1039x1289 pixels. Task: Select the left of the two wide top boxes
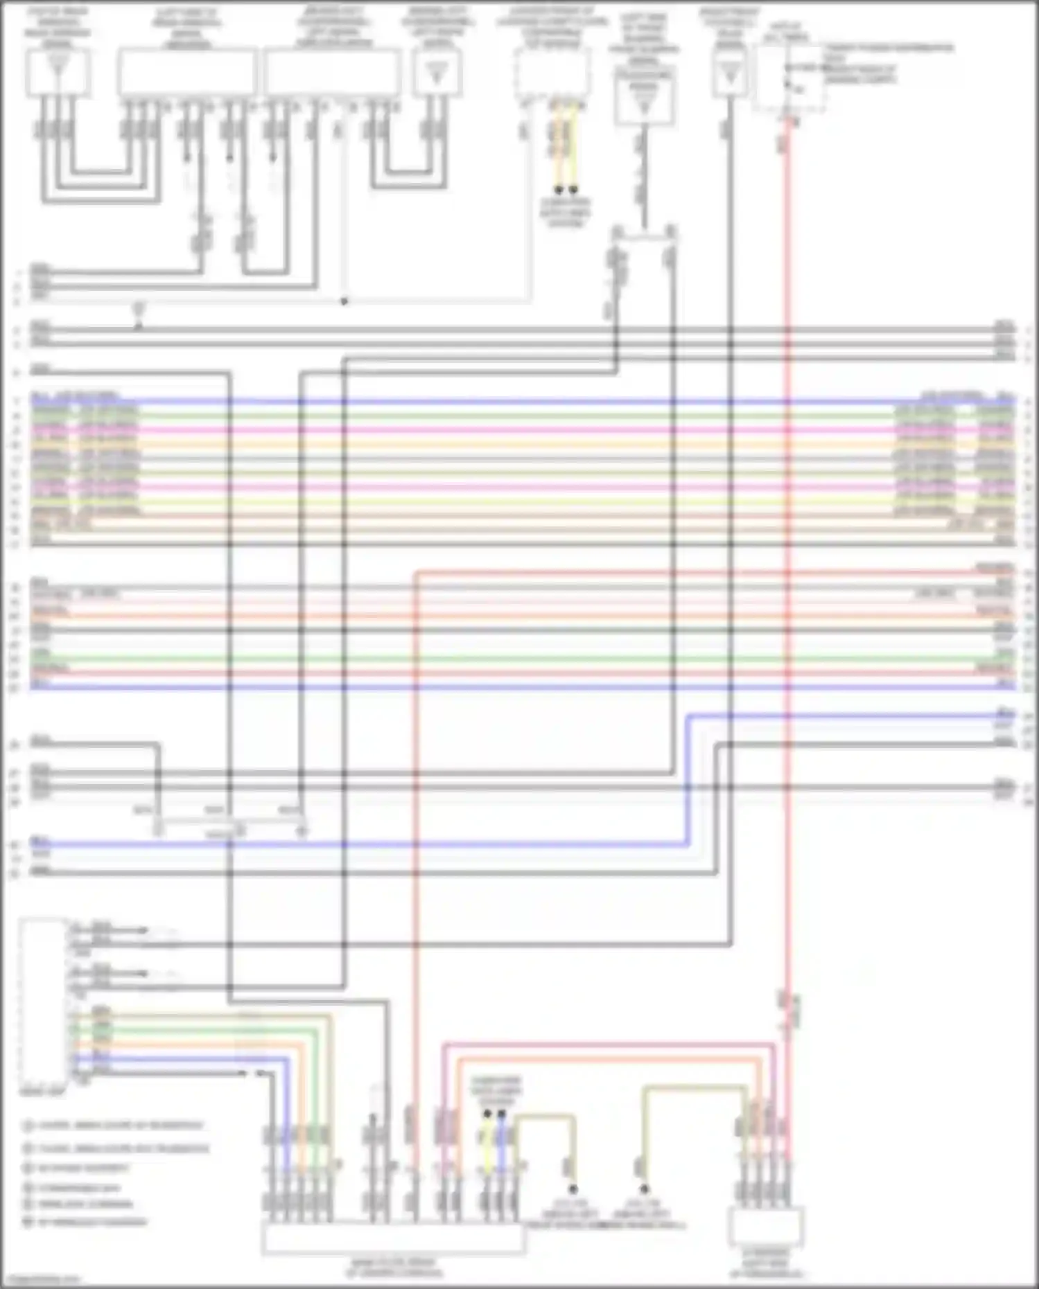tap(187, 72)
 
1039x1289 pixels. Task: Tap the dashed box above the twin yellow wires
tap(552, 73)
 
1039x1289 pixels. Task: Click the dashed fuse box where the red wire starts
tap(789, 78)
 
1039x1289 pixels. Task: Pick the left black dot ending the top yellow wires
tap(558, 189)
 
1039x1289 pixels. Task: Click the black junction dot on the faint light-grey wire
tap(344, 301)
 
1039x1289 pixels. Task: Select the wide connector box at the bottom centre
tap(393, 1239)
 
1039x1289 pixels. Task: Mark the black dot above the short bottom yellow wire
tap(487, 1113)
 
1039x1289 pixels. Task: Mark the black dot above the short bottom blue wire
tap(501, 1113)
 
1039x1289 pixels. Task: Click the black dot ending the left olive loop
tap(573, 1189)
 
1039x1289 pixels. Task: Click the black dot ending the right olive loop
tap(644, 1189)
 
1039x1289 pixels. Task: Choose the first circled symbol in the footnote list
tap(28, 1126)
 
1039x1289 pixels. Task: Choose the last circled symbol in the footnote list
tap(28, 1222)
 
